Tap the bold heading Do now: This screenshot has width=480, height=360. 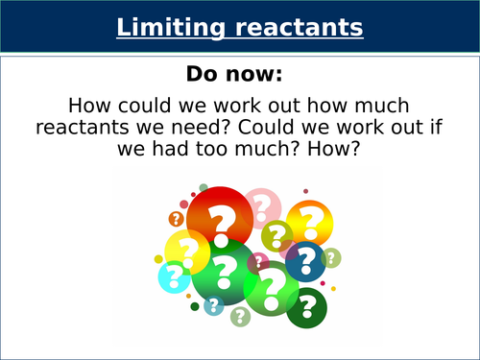(x=240, y=75)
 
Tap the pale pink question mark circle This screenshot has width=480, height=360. (x=260, y=207)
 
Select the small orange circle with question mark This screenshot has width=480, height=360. (x=177, y=219)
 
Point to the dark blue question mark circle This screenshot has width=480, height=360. (x=304, y=260)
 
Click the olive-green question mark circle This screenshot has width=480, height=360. (x=277, y=235)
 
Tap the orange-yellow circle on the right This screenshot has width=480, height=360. (x=310, y=224)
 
